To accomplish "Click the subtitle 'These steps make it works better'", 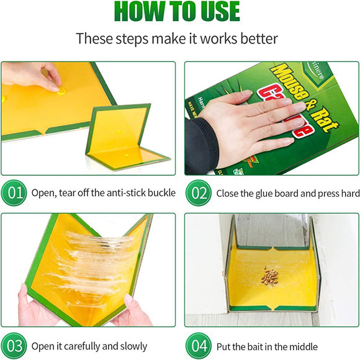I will pyautogui.click(x=177, y=38).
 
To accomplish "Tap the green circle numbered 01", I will pyautogui.click(x=14, y=192).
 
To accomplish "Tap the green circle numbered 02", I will pyautogui.click(x=198, y=192).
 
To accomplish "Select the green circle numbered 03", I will pyautogui.click(x=14, y=345).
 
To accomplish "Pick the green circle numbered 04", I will pyautogui.click(x=198, y=345).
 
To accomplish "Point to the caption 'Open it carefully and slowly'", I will pyautogui.click(x=89, y=346).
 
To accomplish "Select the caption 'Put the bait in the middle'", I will pyautogui.click(x=267, y=346).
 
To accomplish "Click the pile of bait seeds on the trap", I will pyautogui.click(x=269, y=276).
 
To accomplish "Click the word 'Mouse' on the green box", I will pyautogui.click(x=287, y=78).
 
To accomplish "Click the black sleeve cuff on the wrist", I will pyautogui.click(x=197, y=146).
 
